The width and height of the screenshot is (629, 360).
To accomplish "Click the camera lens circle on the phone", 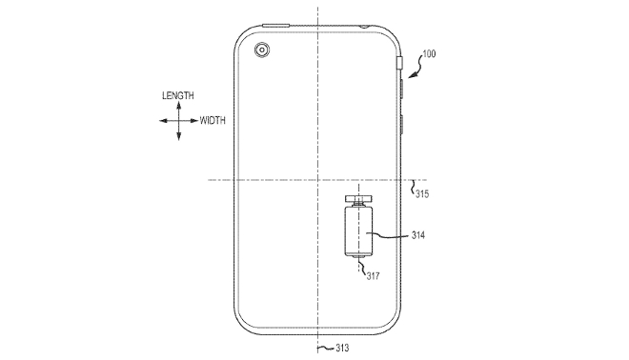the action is click(262, 50).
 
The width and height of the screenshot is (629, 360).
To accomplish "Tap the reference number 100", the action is click(429, 53).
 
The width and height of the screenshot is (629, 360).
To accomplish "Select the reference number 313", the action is click(342, 348).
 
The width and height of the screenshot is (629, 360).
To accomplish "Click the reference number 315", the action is click(422, 194).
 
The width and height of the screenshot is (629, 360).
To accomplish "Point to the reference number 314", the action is click(418, 235).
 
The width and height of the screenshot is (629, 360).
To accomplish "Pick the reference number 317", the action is click(373, 276).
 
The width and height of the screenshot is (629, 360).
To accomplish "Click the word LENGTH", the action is click(177, 95).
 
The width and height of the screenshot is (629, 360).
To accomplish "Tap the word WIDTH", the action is click(213, 120).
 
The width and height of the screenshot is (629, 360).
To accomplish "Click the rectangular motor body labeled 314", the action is click(358, 231).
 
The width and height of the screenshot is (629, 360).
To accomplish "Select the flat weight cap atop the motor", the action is click(358, 198).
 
